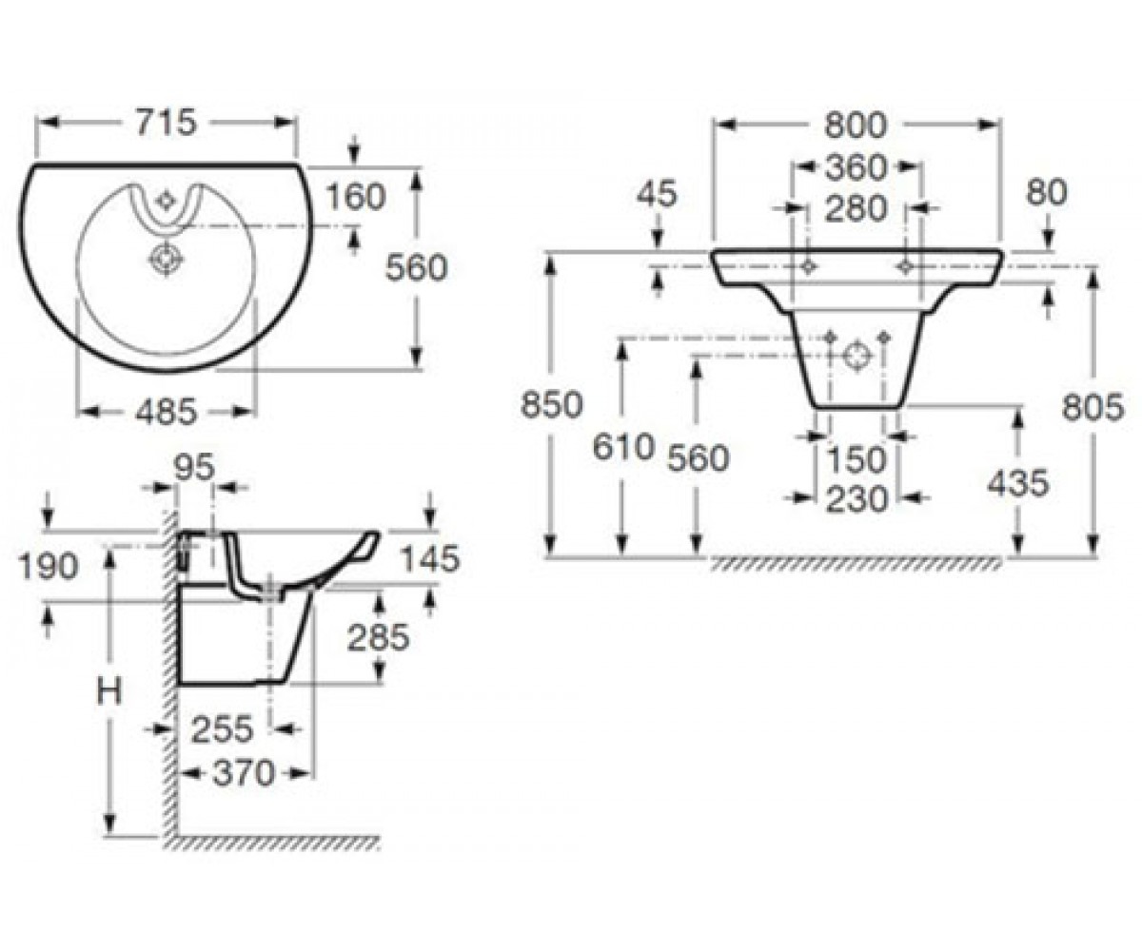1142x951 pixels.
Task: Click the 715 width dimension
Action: pos(166,123)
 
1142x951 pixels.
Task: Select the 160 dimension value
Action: pos(356,197)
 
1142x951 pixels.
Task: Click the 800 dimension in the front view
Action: pos(856,126)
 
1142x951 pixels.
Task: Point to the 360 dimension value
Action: pos(856,167)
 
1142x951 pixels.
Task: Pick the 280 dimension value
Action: pos(856,208)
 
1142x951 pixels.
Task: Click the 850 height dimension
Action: pos(551,405)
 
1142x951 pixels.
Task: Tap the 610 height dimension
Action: pos(623,447)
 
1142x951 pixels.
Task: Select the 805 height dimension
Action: pos(1093,407)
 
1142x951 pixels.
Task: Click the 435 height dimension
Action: pos(1018,483)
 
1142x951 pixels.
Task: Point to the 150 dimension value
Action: pos(856,459)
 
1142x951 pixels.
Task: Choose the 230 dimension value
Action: pos(856,499)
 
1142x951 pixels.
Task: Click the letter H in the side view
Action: pos(108,692)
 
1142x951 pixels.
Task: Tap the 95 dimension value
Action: pos(194,468)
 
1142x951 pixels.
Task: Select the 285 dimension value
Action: pos(378,637)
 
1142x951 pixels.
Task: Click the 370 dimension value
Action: pos(244,773)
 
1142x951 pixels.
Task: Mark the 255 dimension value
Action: pos(222,729)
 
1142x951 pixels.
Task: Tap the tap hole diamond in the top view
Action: pos(163,201)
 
